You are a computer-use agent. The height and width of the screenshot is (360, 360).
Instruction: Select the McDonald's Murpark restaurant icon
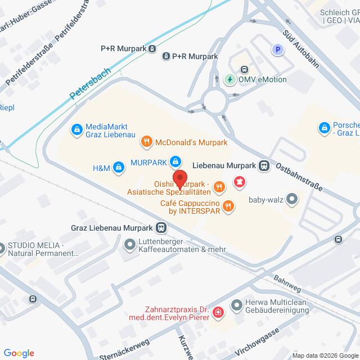click(146, 141)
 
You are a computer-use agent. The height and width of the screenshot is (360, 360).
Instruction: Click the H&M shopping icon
click(119, 166)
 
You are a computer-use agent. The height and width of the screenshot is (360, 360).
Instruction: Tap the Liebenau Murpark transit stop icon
click(263, 165)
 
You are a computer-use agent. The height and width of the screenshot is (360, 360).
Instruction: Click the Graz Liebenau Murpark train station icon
click(161, 228)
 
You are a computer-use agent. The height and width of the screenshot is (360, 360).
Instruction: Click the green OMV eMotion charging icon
click(230, 79)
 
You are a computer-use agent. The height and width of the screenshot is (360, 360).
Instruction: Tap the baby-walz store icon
click(291, 198)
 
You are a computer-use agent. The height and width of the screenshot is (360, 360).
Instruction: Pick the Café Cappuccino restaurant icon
click(228, 206)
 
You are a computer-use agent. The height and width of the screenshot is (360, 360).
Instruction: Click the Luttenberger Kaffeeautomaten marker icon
click(129, 244)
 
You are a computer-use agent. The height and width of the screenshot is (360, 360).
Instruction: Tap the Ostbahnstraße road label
click(299, 176)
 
